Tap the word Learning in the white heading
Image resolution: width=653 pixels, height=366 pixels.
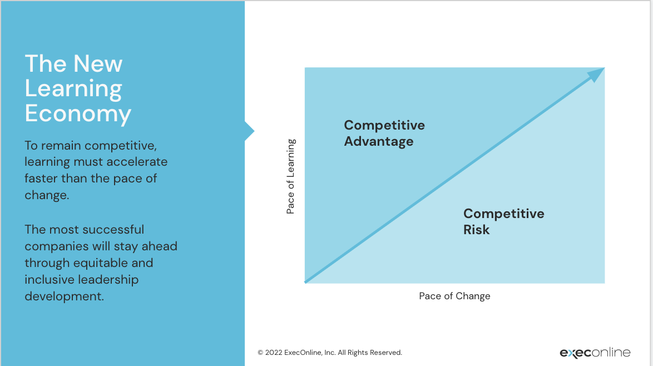[x=73, y=88]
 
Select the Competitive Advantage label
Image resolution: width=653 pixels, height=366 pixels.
[x=384, y=133]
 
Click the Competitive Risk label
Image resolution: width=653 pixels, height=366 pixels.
[x=503, y=221]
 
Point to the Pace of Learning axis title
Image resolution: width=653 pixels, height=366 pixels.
[x=291, y=176]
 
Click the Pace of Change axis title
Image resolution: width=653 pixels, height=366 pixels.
[x=454, y=296]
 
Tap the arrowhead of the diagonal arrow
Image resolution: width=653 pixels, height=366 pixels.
[x=596, y=75]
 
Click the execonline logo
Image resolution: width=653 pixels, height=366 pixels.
[x=595, y=353]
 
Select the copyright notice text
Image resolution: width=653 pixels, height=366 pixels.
[x=329, y=353]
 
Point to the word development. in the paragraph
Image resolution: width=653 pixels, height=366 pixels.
[x=64, y=296]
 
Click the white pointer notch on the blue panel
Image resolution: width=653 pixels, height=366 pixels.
[x=249, y=131]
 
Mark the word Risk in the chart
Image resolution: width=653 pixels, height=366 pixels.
[x=476, y=230]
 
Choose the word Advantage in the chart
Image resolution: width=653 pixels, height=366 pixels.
[x=378, y=141]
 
